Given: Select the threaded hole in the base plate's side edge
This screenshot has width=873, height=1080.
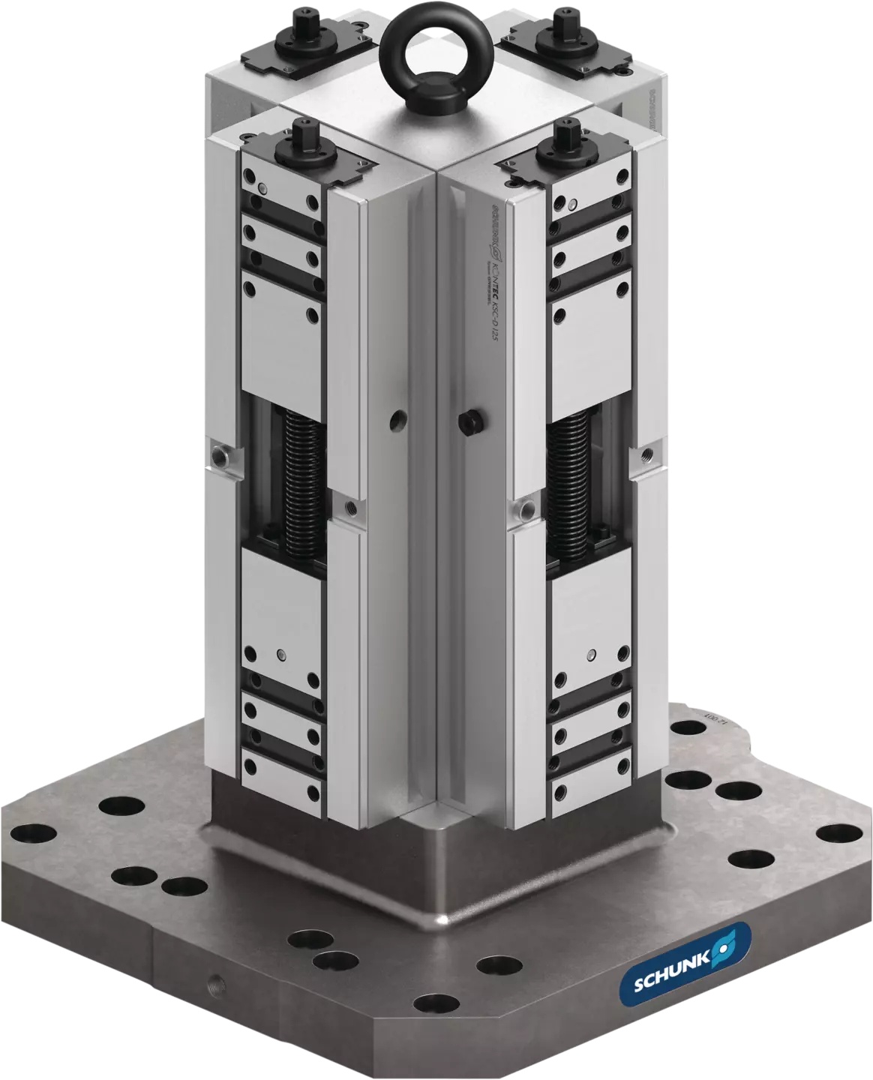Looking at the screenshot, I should click(x=215, y=982).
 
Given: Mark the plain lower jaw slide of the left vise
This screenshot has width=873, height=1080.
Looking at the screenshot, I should click(x=280, y=603).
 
